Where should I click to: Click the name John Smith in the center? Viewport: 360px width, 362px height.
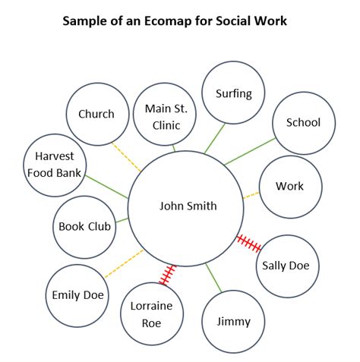[x=188, y=206]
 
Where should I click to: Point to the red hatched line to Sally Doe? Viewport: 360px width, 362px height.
[x=249, y=244]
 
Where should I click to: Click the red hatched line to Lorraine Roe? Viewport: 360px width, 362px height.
[x=167, y=275]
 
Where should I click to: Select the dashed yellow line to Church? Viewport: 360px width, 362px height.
[x=126, y=157]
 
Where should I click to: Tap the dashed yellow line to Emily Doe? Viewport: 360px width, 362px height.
[x=124, y=264]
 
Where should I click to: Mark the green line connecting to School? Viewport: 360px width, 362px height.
[x=250, y=151]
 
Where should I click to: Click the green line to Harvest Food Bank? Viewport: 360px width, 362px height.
[x=106, y=187]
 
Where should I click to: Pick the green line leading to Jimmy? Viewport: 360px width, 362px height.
[x=213, y=278]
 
